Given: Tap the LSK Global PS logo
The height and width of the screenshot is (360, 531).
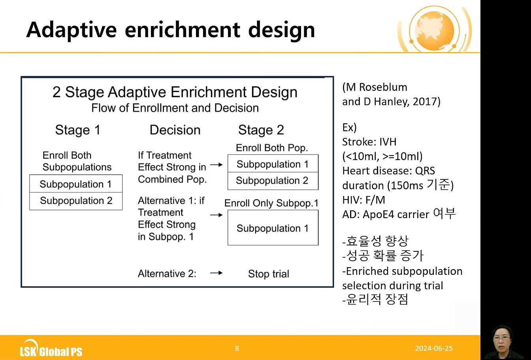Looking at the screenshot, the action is tap(51, 349).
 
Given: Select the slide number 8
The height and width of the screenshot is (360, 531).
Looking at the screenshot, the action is tap(237, 348).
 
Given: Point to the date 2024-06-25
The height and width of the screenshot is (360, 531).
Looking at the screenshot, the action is tap(434, 348).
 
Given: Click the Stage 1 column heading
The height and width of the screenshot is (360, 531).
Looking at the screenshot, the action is tap(78, 130).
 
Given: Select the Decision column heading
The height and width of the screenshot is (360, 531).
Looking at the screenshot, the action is tap(175, 130).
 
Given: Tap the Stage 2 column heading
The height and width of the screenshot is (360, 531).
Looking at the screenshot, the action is tap(261, 130).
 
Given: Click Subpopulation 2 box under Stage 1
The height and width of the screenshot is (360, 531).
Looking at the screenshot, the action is tap(76, 201).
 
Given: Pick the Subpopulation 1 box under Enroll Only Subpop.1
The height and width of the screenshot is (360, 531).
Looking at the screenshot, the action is tap(273, 228).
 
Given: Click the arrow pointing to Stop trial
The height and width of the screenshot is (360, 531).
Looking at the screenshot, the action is tap(217, 273).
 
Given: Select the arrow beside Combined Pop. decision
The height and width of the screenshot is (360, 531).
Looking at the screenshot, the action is tap(217, 164).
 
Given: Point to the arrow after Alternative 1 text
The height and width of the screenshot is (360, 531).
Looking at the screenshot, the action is tap(217, 215).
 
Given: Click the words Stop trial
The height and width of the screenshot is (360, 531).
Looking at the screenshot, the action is tap(269, 274).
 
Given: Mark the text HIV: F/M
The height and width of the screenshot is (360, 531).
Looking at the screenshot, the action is tap(363, 200).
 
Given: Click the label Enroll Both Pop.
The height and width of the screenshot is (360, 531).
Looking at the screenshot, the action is tap(272, 148).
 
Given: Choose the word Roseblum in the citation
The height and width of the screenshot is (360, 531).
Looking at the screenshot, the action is tap(383, 87).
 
